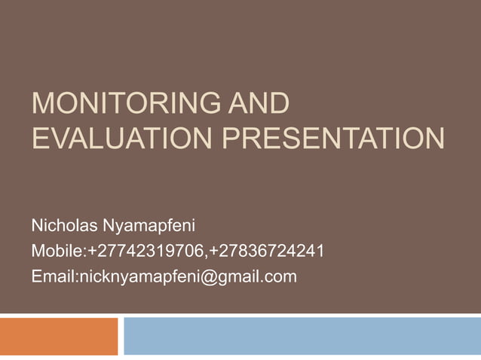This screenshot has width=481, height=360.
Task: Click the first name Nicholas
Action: [63, 225]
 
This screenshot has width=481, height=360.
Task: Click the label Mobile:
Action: [60, 251]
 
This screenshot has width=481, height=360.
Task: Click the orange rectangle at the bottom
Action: [59, 336]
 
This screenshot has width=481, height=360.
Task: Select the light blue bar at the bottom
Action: [302, 336]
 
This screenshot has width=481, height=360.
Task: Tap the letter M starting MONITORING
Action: [43, 105]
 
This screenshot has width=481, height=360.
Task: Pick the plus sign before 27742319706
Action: [93, 251]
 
